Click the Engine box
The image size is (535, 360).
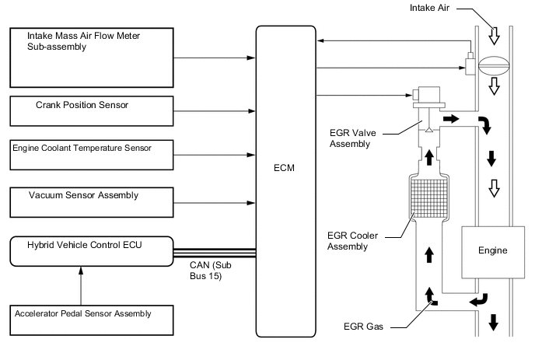[491, 250]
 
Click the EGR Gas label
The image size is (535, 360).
[362, 327]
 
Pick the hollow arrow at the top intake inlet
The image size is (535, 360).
[493, 36]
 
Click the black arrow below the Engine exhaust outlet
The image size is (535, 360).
[492, 322]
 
